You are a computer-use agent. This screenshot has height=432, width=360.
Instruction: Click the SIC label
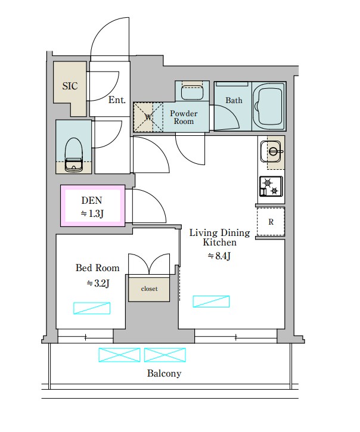[70, 86]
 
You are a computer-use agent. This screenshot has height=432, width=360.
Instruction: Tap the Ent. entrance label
[117, 100]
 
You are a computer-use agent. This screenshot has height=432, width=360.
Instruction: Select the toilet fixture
[73, 154]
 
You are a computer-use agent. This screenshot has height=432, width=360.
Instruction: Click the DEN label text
[92, 200]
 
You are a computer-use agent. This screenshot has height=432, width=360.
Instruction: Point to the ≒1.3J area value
[92, 213]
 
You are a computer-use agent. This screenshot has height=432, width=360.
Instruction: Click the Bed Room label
[98, 268]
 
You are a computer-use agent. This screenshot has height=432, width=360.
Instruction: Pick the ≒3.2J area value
[98, 283]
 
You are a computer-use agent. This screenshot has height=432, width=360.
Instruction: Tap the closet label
[149, 289]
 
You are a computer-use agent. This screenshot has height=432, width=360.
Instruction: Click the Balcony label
[165, 374]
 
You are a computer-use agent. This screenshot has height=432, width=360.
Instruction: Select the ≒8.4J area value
[219, 256]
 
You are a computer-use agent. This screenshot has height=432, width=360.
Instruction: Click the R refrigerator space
[271, 222]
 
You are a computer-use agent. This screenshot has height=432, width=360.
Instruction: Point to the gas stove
[271, 187]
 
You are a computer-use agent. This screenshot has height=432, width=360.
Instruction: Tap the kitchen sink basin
[271, 151]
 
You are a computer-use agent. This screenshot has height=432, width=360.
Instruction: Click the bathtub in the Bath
[268, 106]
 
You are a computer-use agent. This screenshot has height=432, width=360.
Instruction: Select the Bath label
[234, 100]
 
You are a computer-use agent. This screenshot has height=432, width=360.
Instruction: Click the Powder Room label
[184, 117]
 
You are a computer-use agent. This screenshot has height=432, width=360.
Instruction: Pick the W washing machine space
[148, 117]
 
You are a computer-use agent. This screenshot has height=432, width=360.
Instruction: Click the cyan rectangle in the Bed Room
[92, 308]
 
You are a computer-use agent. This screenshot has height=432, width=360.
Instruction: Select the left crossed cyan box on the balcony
[119, 355]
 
